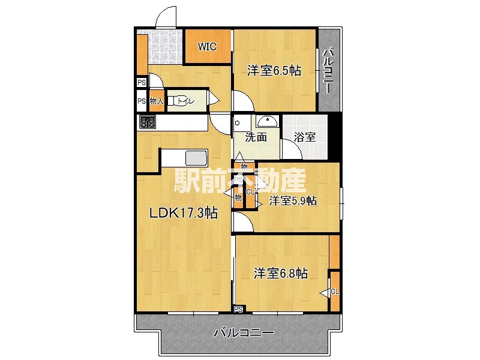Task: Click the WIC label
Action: click(207, 46)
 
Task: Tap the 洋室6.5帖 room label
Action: click(274, 71)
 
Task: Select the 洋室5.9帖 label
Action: click(293, 201)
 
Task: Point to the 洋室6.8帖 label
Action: click(280, 274)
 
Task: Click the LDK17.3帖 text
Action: click(183, 213)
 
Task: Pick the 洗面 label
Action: click(256, 137)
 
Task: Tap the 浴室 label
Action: click(305, 137)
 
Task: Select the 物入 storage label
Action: click(156, 101)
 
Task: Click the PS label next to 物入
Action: click(142, 101)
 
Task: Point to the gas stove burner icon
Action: click(148, 123)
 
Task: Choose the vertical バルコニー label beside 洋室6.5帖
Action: click(328, 71)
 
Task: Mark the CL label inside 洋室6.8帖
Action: click(335, 292)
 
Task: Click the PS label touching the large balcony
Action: click(239, 310)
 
